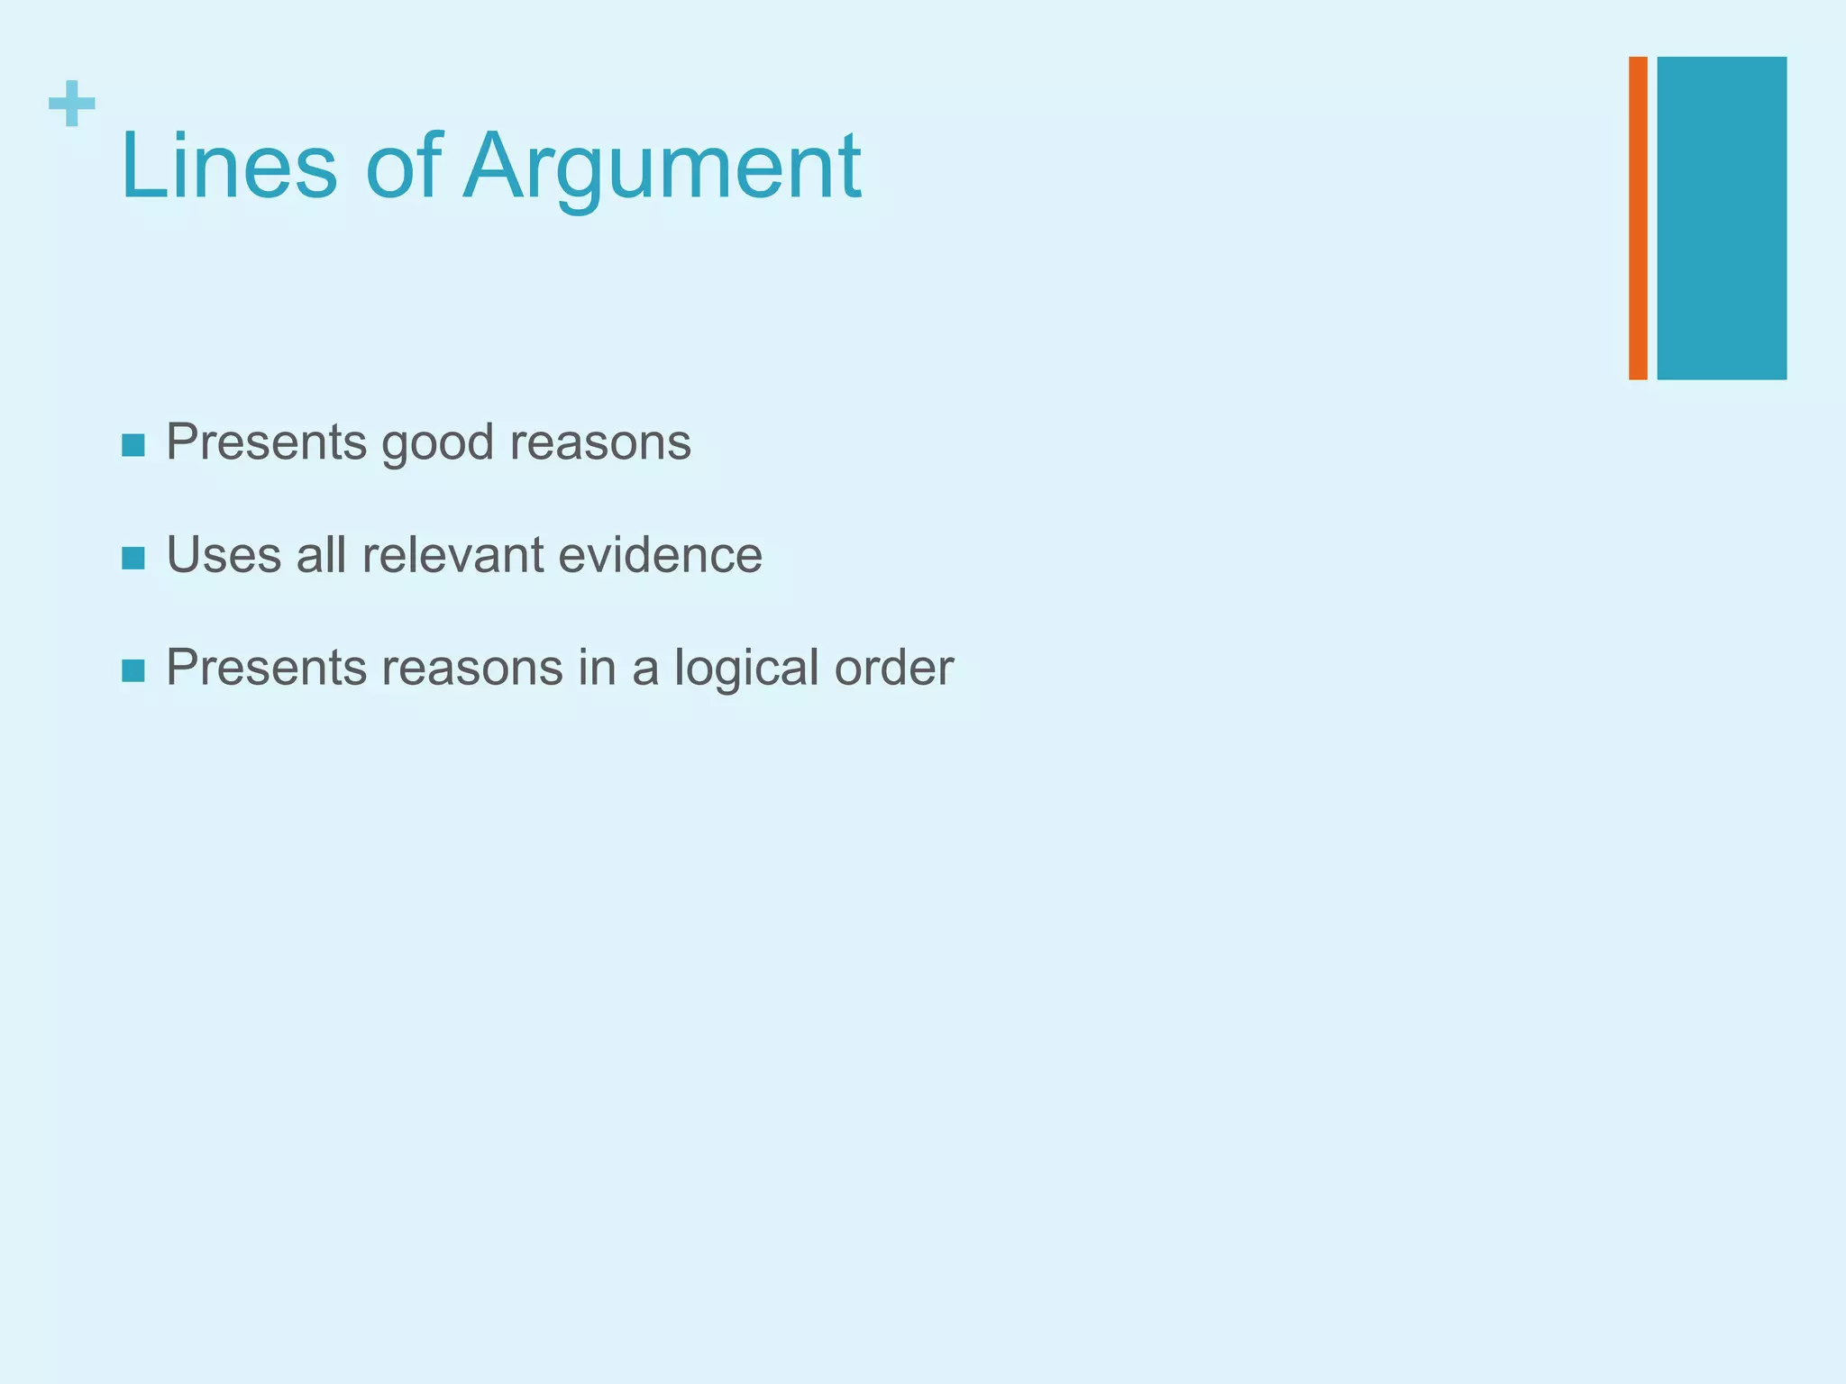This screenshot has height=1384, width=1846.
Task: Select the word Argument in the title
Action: pos(662,167)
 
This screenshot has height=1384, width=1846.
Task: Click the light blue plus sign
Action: pos(72,104)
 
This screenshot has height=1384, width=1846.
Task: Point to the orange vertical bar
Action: pos(1638,217)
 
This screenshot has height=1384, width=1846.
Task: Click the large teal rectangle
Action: pos(1722,217)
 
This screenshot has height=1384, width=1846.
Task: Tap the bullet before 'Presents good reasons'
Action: pos(133,445)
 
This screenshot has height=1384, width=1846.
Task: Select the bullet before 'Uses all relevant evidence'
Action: pos(133,558)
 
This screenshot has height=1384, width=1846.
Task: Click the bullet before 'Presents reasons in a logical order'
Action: pos(133,670)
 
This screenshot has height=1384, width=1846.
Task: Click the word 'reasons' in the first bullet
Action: pos(600,443)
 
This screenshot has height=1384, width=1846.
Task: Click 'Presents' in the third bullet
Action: pos(267,668)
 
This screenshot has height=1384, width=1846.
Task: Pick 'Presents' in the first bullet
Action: pos(267,442)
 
